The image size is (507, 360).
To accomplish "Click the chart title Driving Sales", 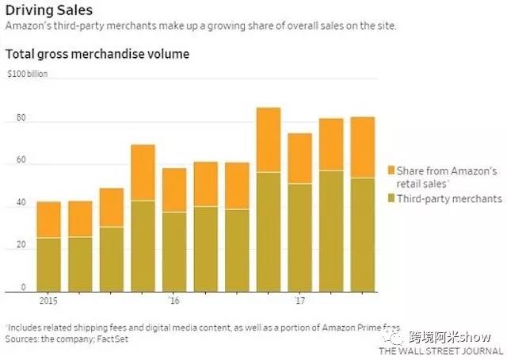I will click(x=48, y=10).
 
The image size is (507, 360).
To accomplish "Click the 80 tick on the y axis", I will click(x=21, y=118).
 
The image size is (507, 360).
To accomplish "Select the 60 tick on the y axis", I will click(x=21, y=160).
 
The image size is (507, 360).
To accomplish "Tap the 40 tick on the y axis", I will click(x=21, y=203).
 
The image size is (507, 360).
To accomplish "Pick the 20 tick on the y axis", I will click(x=21, y=245).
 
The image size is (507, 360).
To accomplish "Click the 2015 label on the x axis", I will click(x=48, y=301).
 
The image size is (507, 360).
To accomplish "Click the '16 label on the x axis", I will click(x=173, y=301).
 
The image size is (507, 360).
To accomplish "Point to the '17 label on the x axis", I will click(x=299, y=301).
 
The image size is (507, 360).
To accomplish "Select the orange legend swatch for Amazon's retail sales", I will click(x=391, y=170).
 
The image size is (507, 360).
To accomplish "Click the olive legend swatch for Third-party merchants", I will click(x=391, y=197).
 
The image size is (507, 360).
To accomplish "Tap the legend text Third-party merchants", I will click(x=450, y=197).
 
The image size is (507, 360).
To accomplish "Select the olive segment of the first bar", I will click(x=48, y=264).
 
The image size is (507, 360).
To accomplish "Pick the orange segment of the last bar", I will click(x=362, y=147).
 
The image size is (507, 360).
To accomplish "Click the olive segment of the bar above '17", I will click(x=299, y=237).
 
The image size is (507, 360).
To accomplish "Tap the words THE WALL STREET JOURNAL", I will click(x=440, y=350).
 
